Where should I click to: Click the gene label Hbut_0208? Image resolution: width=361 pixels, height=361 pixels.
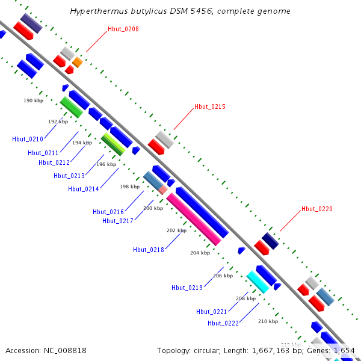click(x=123, y=29)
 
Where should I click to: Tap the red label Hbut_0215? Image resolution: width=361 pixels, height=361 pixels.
click(x=210, y=107)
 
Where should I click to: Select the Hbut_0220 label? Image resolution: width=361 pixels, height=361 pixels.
click(x=317, y=209)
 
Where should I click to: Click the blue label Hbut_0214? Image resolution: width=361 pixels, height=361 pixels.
click(x=84, y=189)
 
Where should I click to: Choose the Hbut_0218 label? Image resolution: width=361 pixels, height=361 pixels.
click(x=149, y=250)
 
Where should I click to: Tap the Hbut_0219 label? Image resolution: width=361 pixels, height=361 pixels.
click(x=187, y=288)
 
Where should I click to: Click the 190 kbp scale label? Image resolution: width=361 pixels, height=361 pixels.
click(x=34, y=101)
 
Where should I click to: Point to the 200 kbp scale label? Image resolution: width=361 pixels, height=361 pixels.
click(x=153, y=209)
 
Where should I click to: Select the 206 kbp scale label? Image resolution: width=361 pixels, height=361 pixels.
click(x=223, y=276)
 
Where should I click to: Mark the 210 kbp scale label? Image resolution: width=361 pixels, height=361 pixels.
click(x=268, y=321)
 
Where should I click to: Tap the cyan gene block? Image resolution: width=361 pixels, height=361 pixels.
click(x=258, y=282)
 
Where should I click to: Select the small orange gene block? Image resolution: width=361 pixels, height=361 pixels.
click(x=77, y=62)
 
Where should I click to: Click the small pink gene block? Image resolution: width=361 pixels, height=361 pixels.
click(x=163, y=190)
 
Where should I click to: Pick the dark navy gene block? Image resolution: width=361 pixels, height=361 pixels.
click(x=270, y=241)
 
